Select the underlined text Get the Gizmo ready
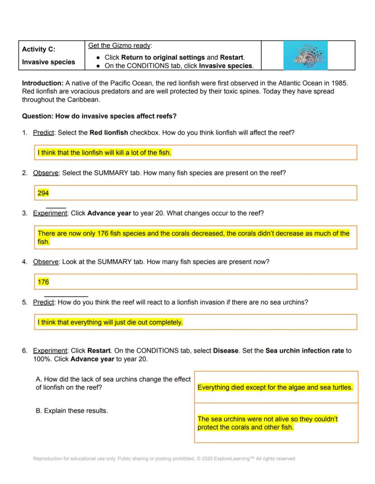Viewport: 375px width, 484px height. pyautogui.click(x=120, y=46)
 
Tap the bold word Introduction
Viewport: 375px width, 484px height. pyautogui.click(x=42, y=83)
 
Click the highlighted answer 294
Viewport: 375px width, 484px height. pyautogui.click(x=43, y=193)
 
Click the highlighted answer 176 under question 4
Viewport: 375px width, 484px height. pyautogui.click(x=43, y=282)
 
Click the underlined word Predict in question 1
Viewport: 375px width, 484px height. pyautogui.click(x=43, y=133)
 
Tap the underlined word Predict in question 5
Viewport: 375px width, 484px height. pyautogui.click(x=43, y=302)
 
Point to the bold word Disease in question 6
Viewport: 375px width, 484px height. pyautogui.click(x=226, y=351)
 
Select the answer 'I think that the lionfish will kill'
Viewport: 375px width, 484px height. pyautogui.click(x=104, y=153)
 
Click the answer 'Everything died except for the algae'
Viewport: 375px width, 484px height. pyautogui.click(x=275, y=387)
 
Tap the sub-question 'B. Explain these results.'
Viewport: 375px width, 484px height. pyautogui.click(x=72, y=411)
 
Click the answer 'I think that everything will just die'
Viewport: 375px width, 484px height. pyautogui.click(x=110, y=322)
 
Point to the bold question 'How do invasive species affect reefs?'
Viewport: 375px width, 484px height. pyautogui.click(x=115, y=116)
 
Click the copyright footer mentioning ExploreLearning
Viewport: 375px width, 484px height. pyautogui.click(x=164, y=459)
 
